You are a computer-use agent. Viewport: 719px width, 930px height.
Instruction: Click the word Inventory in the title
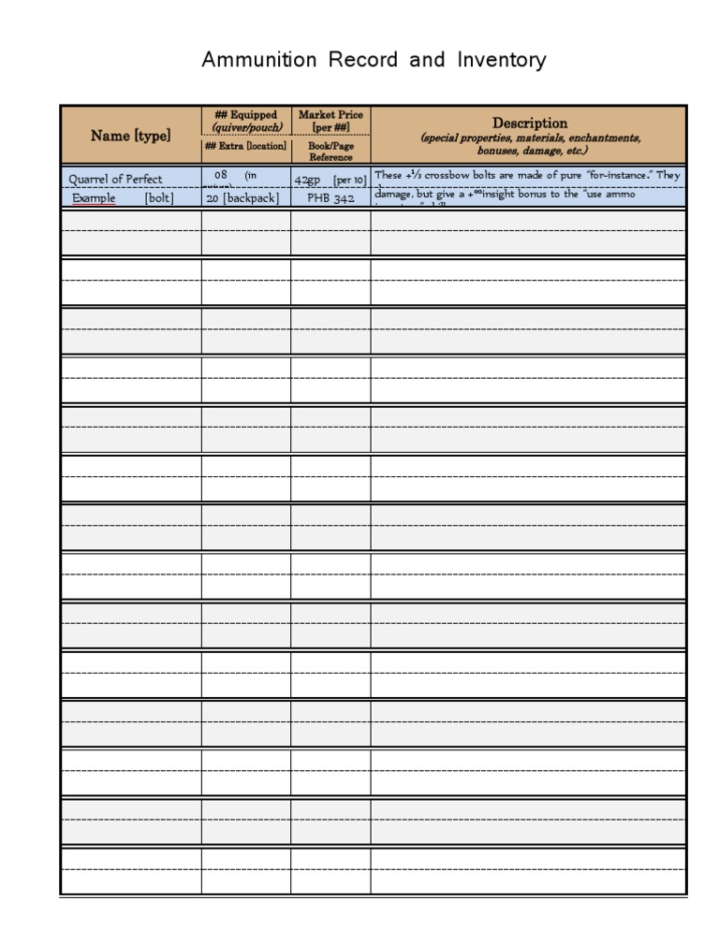[x=502, y=61]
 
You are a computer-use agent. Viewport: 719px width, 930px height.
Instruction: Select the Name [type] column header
[x=130, y=136]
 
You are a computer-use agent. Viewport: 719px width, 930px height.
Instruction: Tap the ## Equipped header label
[x=245, y=115]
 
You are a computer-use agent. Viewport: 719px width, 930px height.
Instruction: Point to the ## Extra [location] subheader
[x=245, y=147]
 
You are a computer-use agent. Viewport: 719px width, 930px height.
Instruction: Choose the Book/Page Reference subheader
[x=330, y=152]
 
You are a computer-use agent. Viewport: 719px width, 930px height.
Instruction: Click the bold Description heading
[x=530, y=123]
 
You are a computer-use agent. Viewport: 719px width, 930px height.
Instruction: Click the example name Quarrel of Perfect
[x=115, y=179]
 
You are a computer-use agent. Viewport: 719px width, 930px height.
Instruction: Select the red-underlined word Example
[x=94, y=198]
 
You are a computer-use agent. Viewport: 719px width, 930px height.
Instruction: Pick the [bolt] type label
[x=159, y=198]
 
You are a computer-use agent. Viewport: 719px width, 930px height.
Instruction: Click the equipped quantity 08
[x=221, y=175]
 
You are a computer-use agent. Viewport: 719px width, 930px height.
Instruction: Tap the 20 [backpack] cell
[x=242, y=198]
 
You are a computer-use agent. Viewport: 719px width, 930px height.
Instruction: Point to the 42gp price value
[x=308, y=179]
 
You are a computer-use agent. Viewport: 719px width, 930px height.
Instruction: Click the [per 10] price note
[x=349, y=179]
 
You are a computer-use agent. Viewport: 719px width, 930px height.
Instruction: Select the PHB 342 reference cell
[x=330, y=198]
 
